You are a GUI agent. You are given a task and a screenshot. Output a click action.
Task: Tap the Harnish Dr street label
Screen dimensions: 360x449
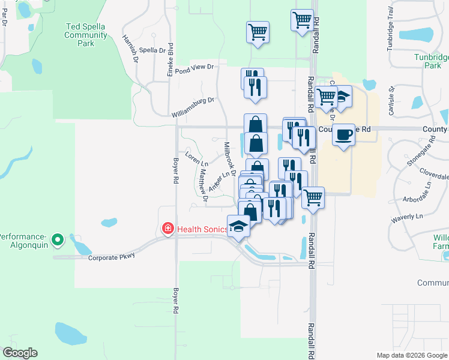(130, 49)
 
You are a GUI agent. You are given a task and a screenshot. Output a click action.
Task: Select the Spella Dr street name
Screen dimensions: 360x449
(152, 51)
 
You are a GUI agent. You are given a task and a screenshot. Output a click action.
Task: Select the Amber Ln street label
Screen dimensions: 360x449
(219, 182)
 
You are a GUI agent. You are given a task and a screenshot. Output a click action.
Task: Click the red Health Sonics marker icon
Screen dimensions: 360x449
(169, 228)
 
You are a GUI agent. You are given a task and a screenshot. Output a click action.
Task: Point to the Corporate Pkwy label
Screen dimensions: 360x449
(112, 258)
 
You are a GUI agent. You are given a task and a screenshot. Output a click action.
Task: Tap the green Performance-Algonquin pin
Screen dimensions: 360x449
(58, 241)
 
